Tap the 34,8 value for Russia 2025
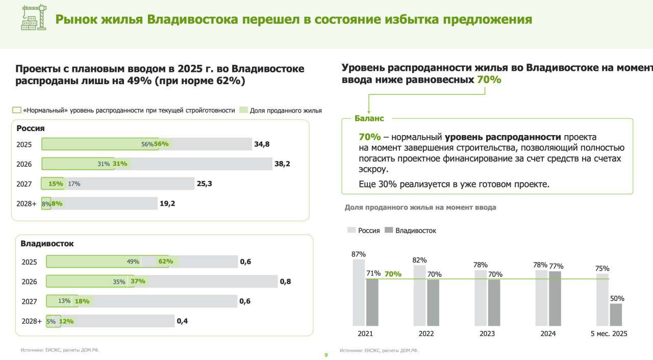pos(262,144)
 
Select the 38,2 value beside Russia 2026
pos(282,164)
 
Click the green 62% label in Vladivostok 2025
pos(166,262)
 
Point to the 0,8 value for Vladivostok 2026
pos(285,281)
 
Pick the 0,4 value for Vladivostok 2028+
pos(182,321)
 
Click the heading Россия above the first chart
pos(31,128)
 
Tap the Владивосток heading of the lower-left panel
pos(47,244)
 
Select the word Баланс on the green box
pos(369,118)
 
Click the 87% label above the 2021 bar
pos(359,254)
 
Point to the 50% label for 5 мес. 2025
pos(617,298)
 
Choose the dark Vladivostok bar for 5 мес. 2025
pos(616,315)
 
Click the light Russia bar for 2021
pos(359,292)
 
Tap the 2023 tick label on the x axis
pos(487,334)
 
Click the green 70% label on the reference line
pos(393,274)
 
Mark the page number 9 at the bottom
pos(326,355)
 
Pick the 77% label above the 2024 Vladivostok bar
pos(556,266)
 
